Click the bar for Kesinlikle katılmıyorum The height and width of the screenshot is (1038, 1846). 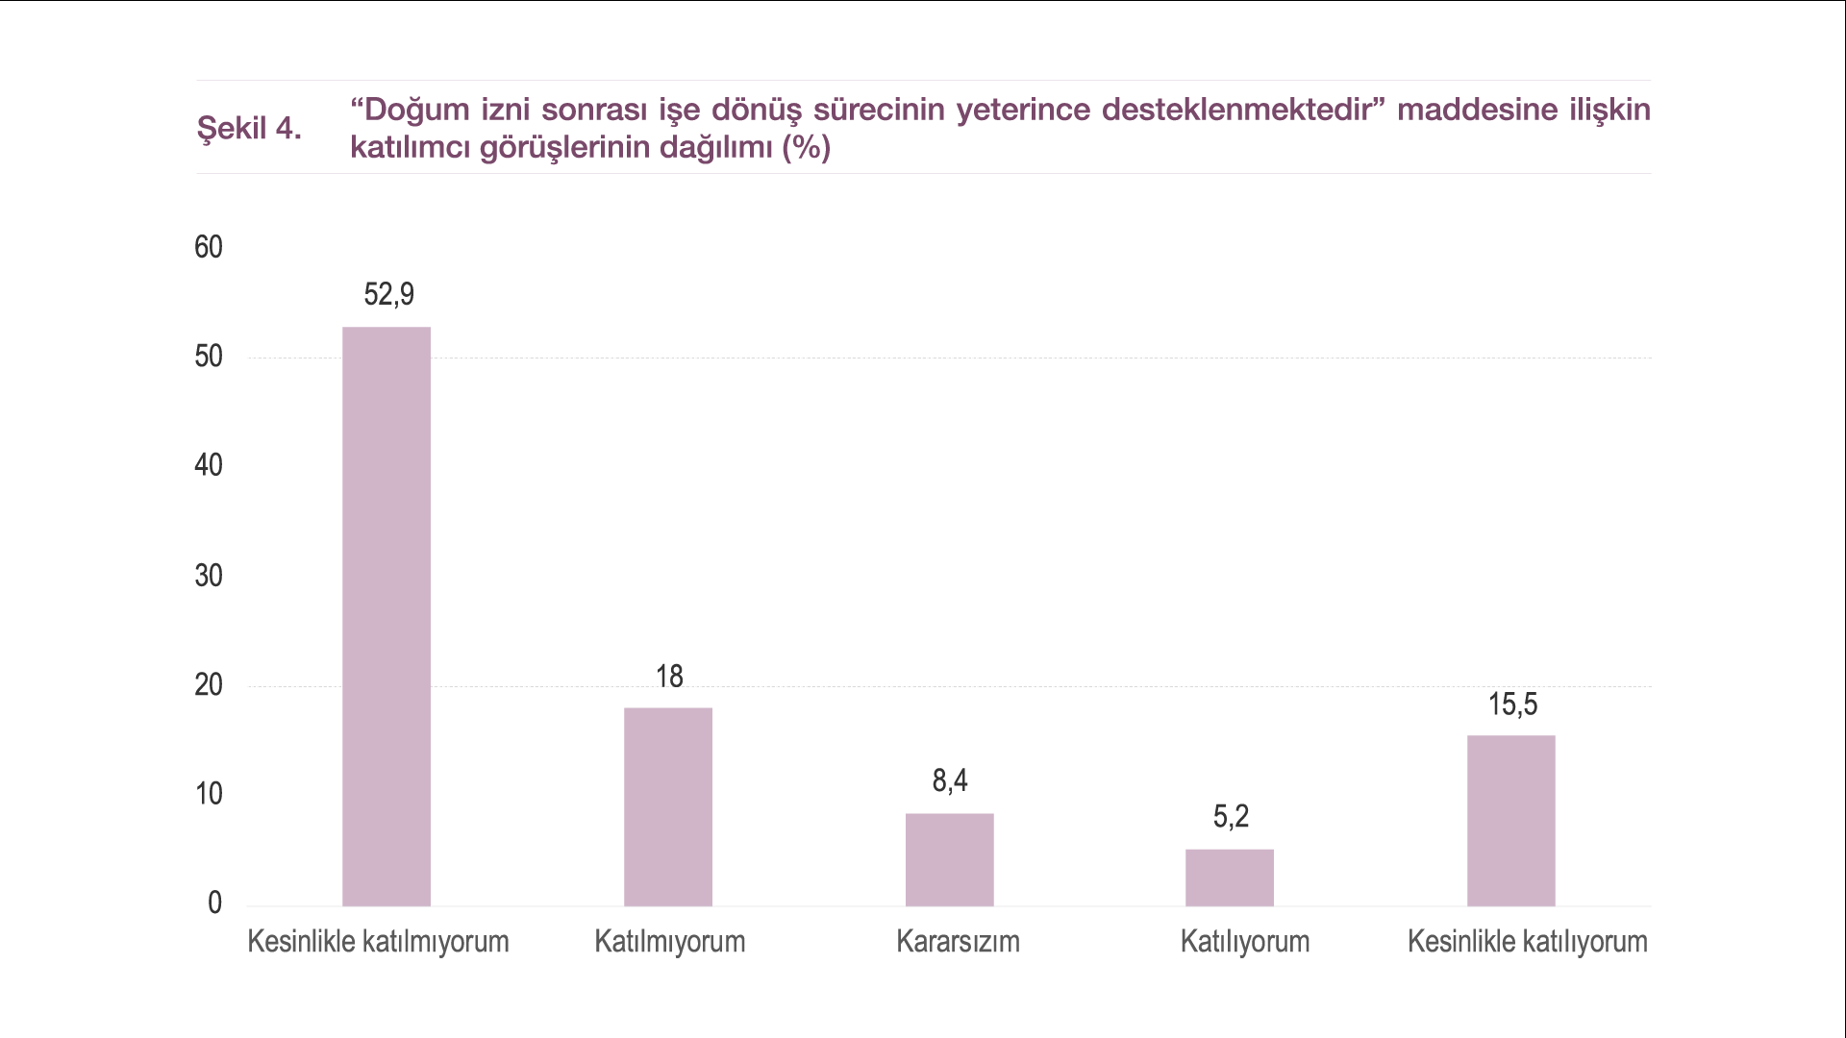[387, 616]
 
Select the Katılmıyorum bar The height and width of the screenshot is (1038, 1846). [668, 806]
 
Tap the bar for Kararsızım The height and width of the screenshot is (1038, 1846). [949, 859]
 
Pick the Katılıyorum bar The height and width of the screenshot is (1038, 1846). [1230, 877]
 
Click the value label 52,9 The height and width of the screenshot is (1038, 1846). [388, 294]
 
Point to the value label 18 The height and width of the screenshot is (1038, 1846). [669, 677]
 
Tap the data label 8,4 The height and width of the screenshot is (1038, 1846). [950, 780]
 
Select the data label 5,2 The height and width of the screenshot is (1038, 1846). [1231, 817]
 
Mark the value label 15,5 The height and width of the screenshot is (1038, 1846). [1512, 704]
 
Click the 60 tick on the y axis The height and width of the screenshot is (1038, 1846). [209, 248]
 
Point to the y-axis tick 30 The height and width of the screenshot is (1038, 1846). [209, 576]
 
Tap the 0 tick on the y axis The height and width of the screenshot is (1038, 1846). [214, 902]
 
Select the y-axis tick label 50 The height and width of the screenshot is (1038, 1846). [209, 357]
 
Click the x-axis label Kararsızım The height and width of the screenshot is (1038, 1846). [958, 941]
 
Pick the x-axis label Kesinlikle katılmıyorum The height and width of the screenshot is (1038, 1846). [378, 941]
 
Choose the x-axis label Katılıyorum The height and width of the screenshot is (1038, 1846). [1245, 941]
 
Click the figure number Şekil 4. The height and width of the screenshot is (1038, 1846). [249, 128]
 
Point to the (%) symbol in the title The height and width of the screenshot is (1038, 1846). [806, 147]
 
